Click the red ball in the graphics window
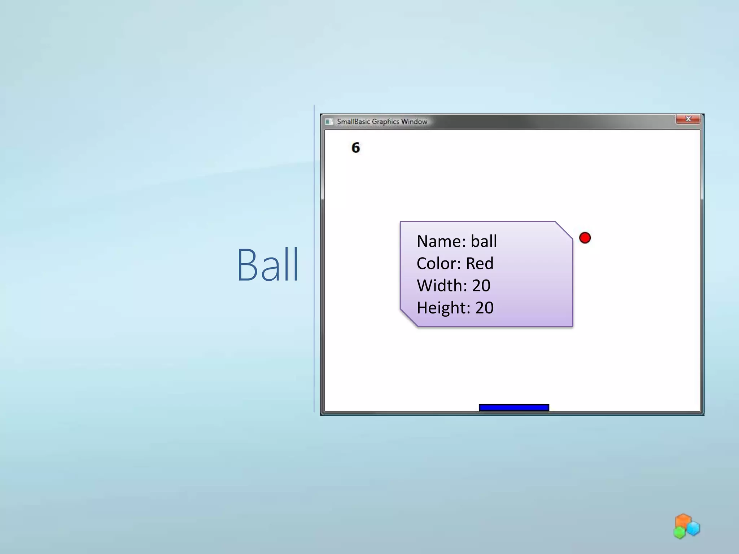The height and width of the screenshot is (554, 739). [585, 238]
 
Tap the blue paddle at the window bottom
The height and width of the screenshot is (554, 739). [514, 408]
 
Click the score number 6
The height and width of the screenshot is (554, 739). [355, 148]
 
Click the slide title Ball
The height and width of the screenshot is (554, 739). [268, 265]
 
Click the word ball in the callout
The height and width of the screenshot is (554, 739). [484, 241]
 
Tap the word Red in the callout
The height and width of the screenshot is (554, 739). [480, 264]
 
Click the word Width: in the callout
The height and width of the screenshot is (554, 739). [442, 286]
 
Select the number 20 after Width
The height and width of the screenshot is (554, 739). [481, 286]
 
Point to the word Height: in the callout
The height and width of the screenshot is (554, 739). [443, 308]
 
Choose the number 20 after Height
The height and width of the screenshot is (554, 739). [484, 308]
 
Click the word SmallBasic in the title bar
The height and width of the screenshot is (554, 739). [353, 122]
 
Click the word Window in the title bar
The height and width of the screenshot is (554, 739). [414, 122]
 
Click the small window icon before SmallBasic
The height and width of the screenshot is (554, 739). [329, 122]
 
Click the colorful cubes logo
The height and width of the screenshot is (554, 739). [686, 527]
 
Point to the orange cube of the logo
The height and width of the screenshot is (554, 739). [683, 520]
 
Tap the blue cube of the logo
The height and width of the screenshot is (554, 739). [693, 529]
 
